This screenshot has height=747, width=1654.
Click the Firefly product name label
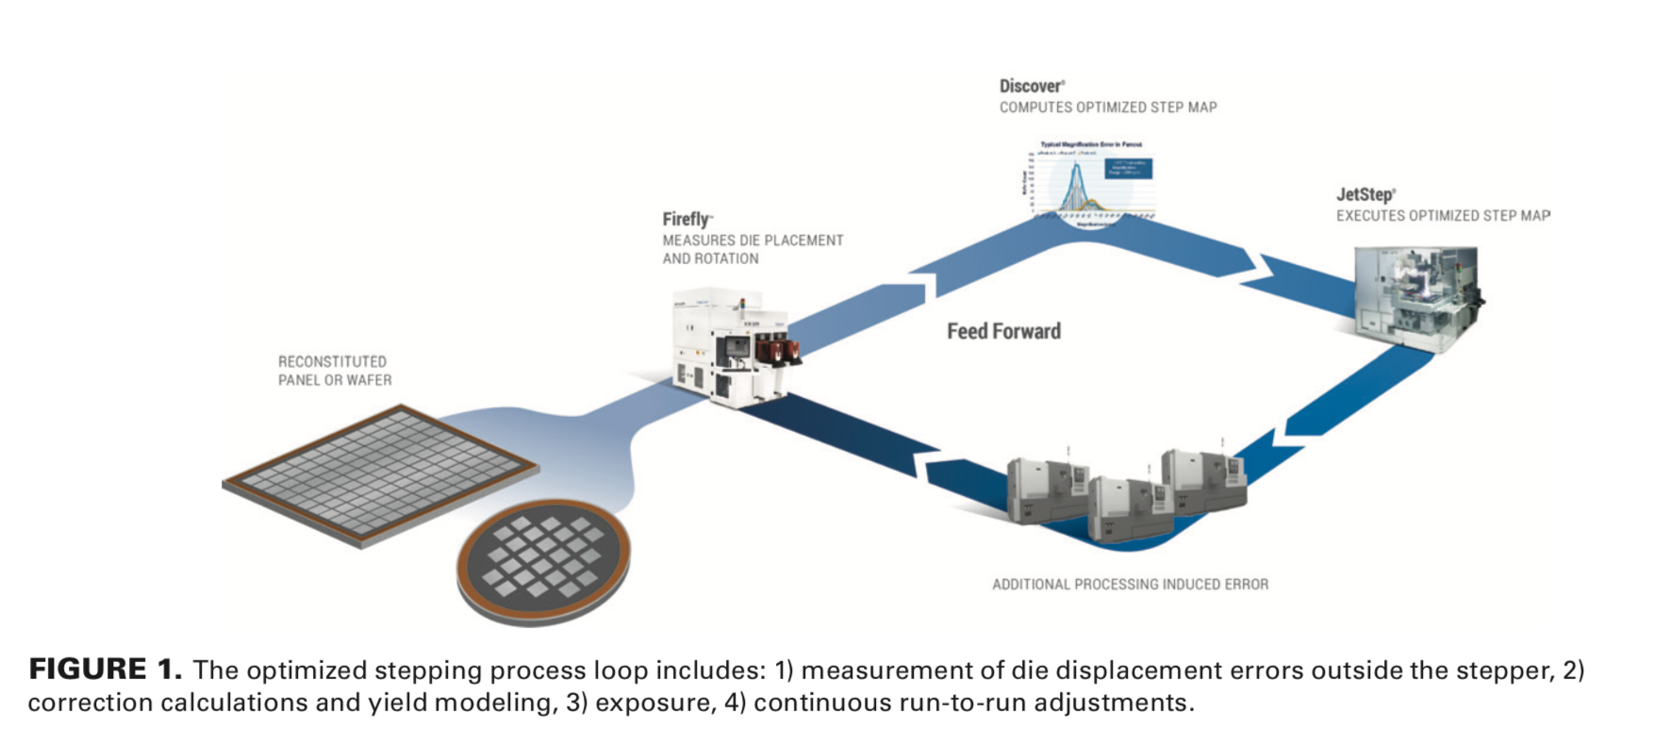[x=686, y=219]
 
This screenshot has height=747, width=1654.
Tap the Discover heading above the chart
[x=1031, y=86]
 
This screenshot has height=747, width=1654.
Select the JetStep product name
[x=1365, y=194]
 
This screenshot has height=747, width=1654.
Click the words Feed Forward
[x=1003, y=331]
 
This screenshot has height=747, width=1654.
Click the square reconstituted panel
[x=380, y=473]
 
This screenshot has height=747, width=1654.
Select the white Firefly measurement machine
[x=731, y=349]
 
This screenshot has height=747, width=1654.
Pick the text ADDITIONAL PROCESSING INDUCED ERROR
[x=1130, y=585]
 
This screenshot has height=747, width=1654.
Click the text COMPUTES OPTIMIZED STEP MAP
[x=1108, y=108]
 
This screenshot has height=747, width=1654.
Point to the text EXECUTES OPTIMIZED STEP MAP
[x=1442, y=216]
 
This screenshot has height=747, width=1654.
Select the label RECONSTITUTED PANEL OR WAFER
[x=334, y=371]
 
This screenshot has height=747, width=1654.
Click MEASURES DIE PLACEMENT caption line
[x=753, y=241]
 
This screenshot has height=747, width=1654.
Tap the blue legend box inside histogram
[x=1128, y=168]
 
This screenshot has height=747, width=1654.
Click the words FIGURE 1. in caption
[x=105, y=669]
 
